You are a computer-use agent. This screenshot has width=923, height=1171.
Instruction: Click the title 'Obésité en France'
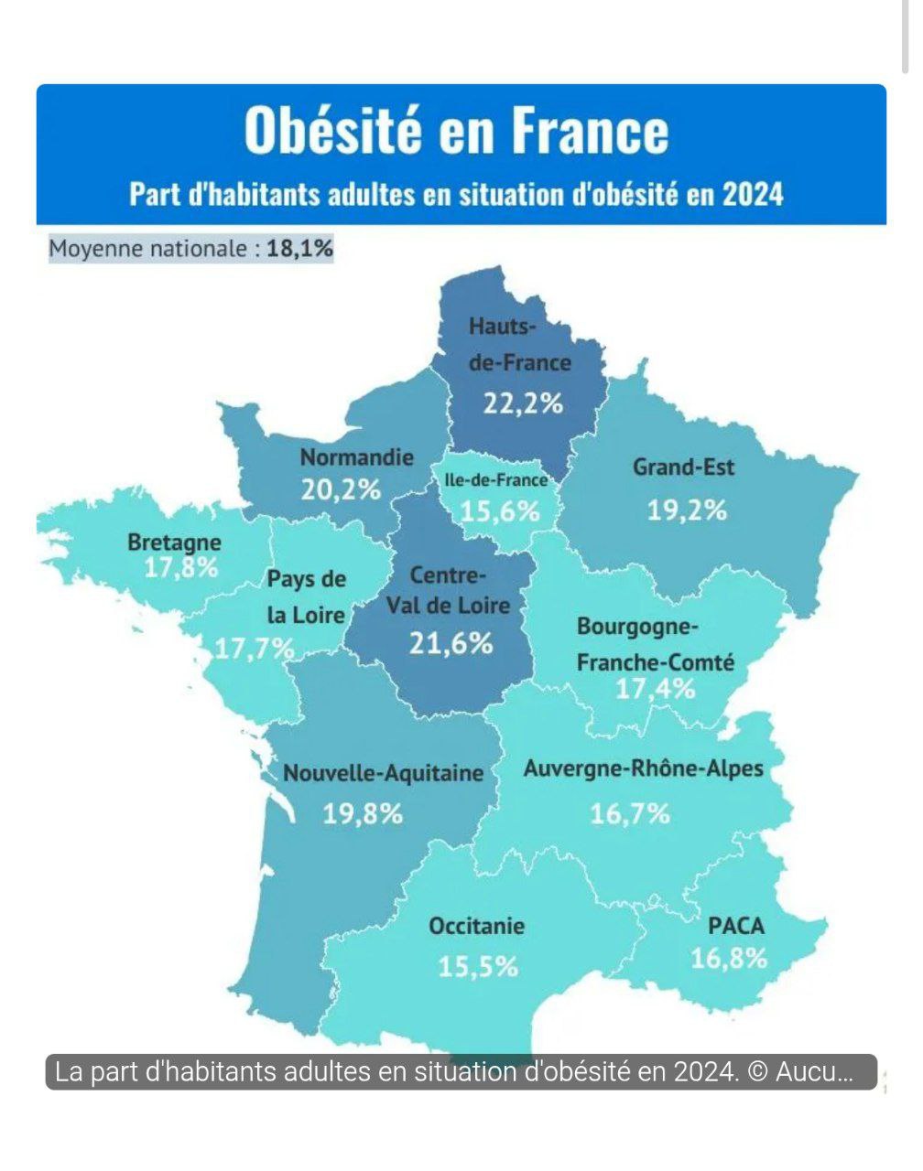[x=456, y=130]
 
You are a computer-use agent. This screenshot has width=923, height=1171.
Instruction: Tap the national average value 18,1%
[x=299, y=248]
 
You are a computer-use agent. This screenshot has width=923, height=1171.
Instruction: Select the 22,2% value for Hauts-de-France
[x=523, y=403]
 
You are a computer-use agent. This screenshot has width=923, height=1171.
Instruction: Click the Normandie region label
[x=357, y=457]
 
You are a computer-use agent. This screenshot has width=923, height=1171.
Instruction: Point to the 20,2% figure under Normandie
[x=341, y=489]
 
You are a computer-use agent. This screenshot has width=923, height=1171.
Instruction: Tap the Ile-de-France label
[x=495, y=479]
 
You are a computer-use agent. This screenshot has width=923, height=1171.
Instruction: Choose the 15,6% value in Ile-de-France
[x=500, y=510]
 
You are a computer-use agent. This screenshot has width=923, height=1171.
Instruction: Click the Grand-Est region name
[x=683, y=467]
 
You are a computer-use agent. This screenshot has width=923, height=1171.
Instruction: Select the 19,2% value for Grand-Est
[x=687, y=510]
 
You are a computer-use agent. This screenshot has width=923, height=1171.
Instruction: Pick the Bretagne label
[x=174, y=542]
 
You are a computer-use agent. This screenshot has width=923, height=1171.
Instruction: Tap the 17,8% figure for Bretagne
[x=181, y=567]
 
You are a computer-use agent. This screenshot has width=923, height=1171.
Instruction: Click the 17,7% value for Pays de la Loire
[x=255, y=649]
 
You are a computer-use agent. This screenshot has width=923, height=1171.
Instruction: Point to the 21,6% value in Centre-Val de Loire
[x=451, y=643]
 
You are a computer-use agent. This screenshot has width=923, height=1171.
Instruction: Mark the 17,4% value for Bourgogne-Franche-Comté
[x=655, y=688]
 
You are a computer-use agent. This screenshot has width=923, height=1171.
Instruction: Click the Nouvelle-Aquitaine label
[x=383, y=773]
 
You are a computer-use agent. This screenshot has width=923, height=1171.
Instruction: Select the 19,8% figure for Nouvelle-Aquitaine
[x=363, y=812]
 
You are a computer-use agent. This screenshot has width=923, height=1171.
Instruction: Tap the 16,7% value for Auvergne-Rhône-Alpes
[x=630, y=812]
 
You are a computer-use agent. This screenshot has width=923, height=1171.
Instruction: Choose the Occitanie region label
[x=476, y=926]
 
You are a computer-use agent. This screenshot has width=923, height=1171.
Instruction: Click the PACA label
[x=736, y=926]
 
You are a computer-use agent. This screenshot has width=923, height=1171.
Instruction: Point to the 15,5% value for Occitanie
[x=478, y=966]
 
